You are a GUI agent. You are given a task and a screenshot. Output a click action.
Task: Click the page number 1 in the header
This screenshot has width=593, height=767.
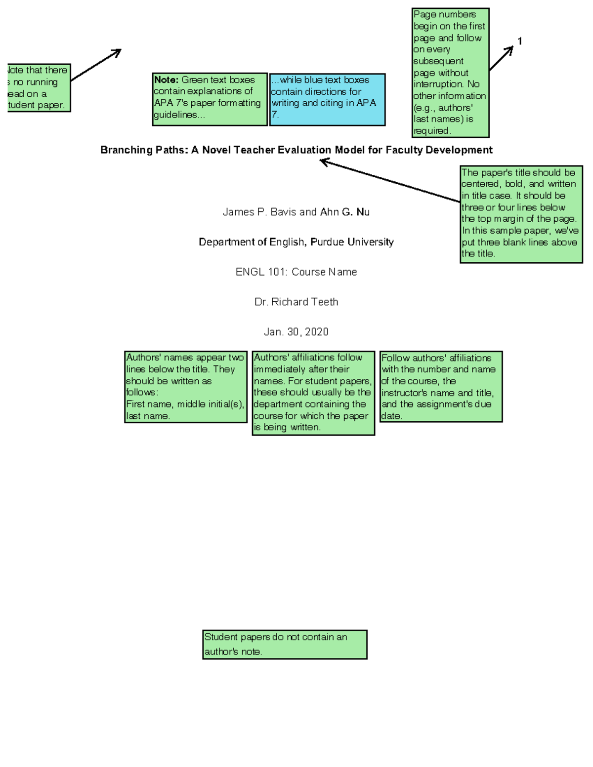coord(519,41)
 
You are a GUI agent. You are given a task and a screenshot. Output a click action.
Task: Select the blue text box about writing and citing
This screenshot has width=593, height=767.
coord(327,100)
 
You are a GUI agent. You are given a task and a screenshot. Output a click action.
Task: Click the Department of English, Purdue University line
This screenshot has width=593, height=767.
coord(296,242)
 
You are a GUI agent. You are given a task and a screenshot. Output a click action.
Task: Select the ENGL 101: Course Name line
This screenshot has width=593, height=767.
coord(296,272)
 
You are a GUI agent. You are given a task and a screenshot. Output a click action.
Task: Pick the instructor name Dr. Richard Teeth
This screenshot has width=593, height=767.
coord(296,302)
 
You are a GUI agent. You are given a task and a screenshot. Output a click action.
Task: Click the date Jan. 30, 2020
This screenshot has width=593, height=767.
coord(296,332)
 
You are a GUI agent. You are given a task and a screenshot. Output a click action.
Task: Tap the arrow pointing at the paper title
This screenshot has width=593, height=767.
coord(390,181)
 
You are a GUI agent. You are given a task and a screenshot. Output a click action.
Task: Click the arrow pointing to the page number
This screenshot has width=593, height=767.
coord(501,58)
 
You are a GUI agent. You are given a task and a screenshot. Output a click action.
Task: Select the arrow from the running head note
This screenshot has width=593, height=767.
coord(96,65)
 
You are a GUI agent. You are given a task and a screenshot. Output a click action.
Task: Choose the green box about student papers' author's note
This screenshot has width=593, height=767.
coord(285,644)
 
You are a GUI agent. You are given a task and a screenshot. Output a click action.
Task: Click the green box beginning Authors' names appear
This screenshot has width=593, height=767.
coord(186,387)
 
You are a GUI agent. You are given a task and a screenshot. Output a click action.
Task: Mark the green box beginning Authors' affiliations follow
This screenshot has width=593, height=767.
coord(313,393)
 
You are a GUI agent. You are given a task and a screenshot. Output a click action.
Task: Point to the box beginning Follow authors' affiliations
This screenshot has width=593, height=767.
coord(441,386)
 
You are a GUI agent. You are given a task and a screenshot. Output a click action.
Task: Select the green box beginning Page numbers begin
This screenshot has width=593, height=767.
coord(450,73)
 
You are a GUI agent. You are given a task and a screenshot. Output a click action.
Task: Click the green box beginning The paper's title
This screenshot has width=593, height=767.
coord(521,214)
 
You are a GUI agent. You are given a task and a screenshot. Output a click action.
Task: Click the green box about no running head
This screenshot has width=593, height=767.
coord(39,88)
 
